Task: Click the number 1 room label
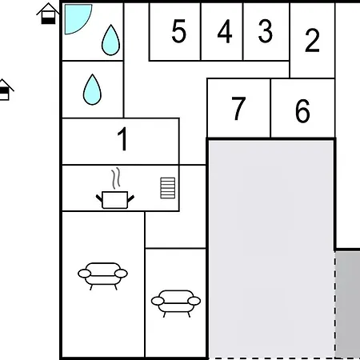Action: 122,140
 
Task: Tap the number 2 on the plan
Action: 312,40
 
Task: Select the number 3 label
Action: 265,32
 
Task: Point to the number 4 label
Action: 224,32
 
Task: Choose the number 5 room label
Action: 178,32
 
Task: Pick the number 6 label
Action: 302,112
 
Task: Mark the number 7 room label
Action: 238,110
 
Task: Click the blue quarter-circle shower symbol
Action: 75,18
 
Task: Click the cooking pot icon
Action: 116,198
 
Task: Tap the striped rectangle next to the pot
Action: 167,188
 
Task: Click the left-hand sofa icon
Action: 102,274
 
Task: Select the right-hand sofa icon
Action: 175,302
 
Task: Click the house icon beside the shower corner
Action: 49,14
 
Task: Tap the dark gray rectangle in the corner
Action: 347,304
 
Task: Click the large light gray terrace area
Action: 270,248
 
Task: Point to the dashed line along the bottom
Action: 272,358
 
